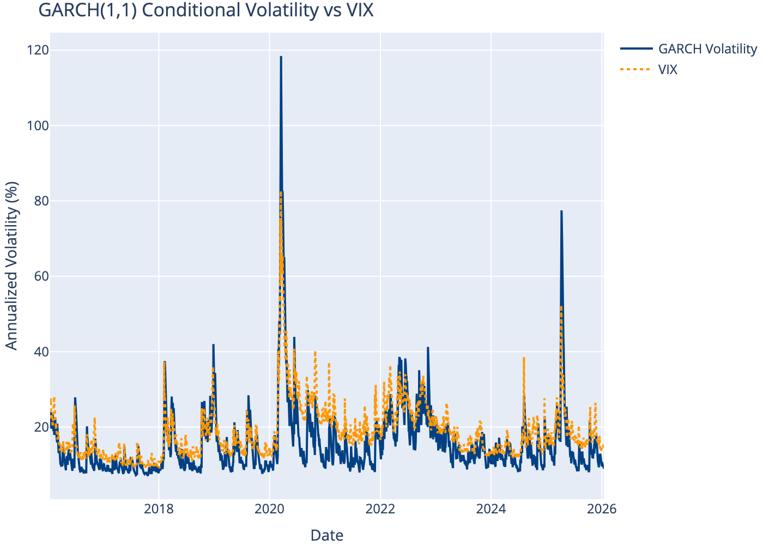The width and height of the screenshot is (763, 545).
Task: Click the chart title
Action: point(206,10)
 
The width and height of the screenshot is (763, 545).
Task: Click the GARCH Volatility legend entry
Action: point(707,49)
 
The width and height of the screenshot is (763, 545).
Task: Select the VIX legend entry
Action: point(668,70)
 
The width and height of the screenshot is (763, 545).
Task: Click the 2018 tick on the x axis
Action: point(159,509)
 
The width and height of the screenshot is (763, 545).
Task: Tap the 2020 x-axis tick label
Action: point(269,509)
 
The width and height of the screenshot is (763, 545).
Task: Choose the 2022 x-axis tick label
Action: point(380,509)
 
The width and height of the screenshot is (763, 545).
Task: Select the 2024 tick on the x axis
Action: point(491,509)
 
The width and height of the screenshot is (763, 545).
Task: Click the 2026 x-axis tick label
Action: point(602,509)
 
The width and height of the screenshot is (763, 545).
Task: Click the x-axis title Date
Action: point(327,535)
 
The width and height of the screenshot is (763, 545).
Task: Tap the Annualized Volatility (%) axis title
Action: point(12,266)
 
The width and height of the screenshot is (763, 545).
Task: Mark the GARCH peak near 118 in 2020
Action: point(281,57)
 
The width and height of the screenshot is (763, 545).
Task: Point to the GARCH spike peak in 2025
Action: point(561,211)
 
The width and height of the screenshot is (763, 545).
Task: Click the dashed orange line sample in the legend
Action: point(636,70)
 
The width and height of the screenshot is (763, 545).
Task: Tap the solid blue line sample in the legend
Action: point(636,49)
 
